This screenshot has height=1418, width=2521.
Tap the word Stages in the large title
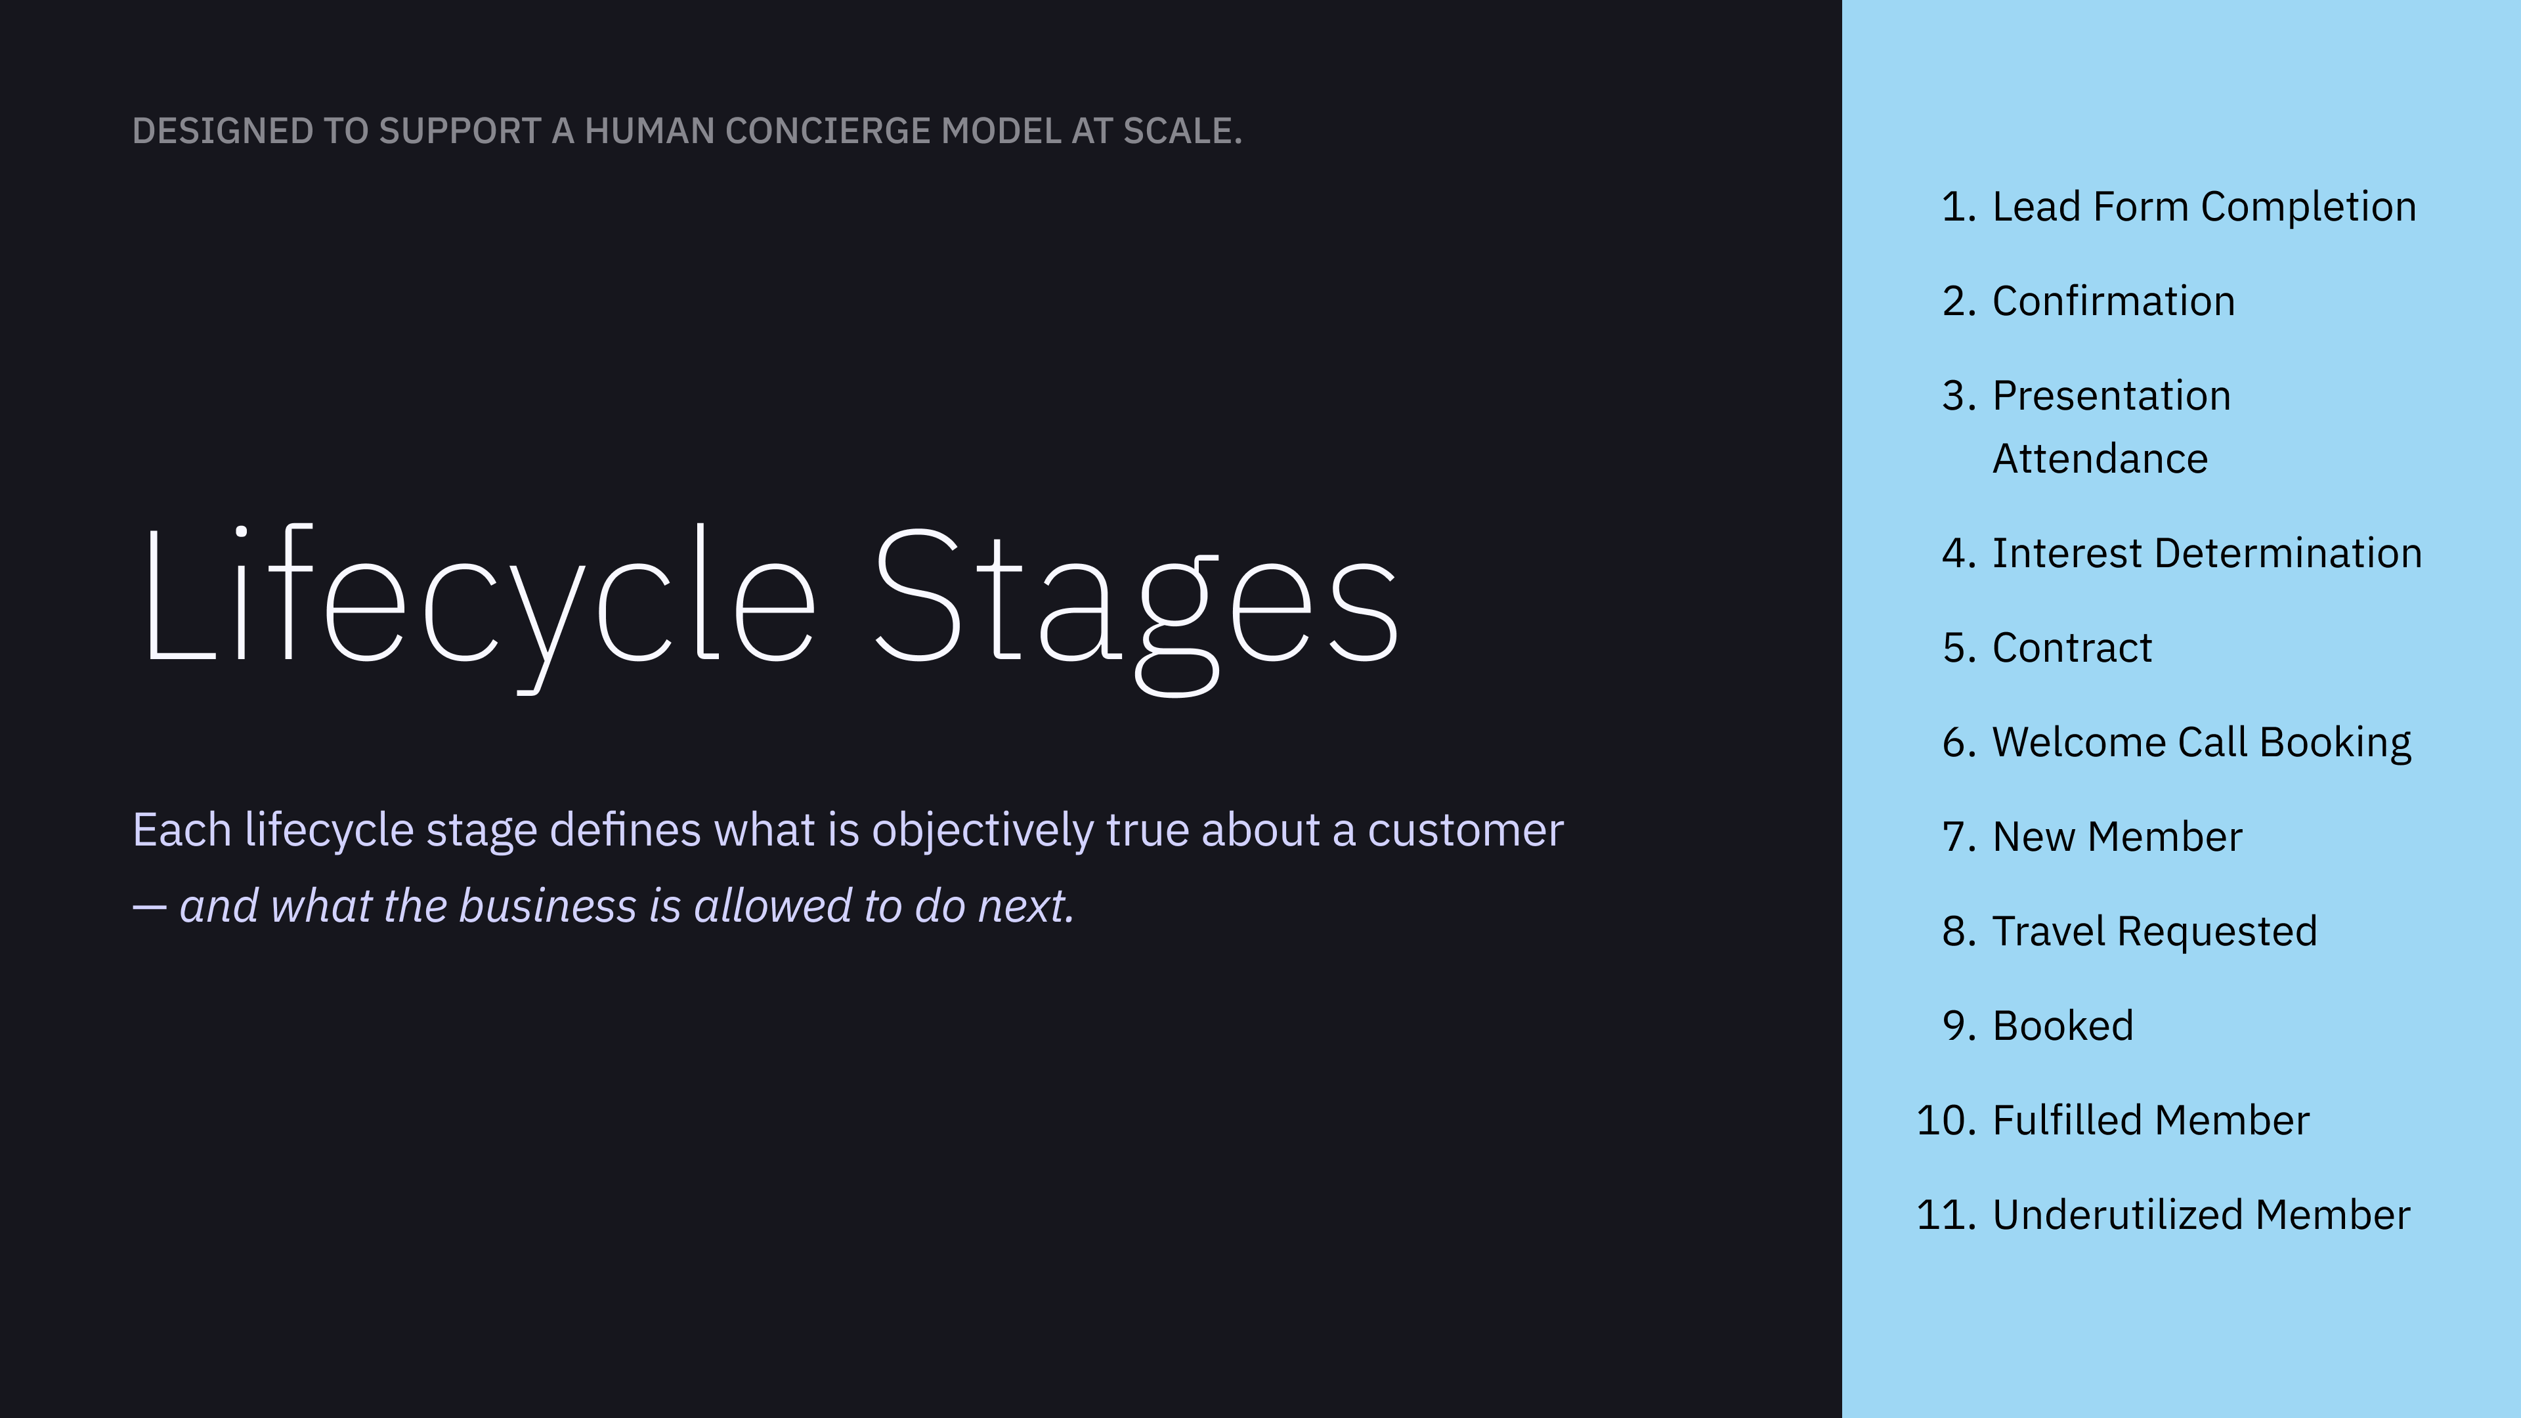[x=1135, y=597]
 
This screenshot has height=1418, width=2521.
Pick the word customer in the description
[x=1465, y=831]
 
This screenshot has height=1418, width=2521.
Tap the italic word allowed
[x=772, y=906]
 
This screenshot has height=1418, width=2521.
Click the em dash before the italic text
[x=150, y=908]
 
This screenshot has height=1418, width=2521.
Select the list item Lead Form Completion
[x=2204, y=207]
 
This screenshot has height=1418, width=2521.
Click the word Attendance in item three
[x=2100, y=459]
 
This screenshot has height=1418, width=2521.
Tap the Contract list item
[x=2072, y=648]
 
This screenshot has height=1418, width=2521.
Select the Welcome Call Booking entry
[x=2201, y=742]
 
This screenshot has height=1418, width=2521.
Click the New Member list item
[x=2117, y=838]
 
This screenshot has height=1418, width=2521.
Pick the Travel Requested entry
[x=2154, y=932]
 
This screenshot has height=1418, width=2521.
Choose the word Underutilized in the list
[x=2118, y=1215]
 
